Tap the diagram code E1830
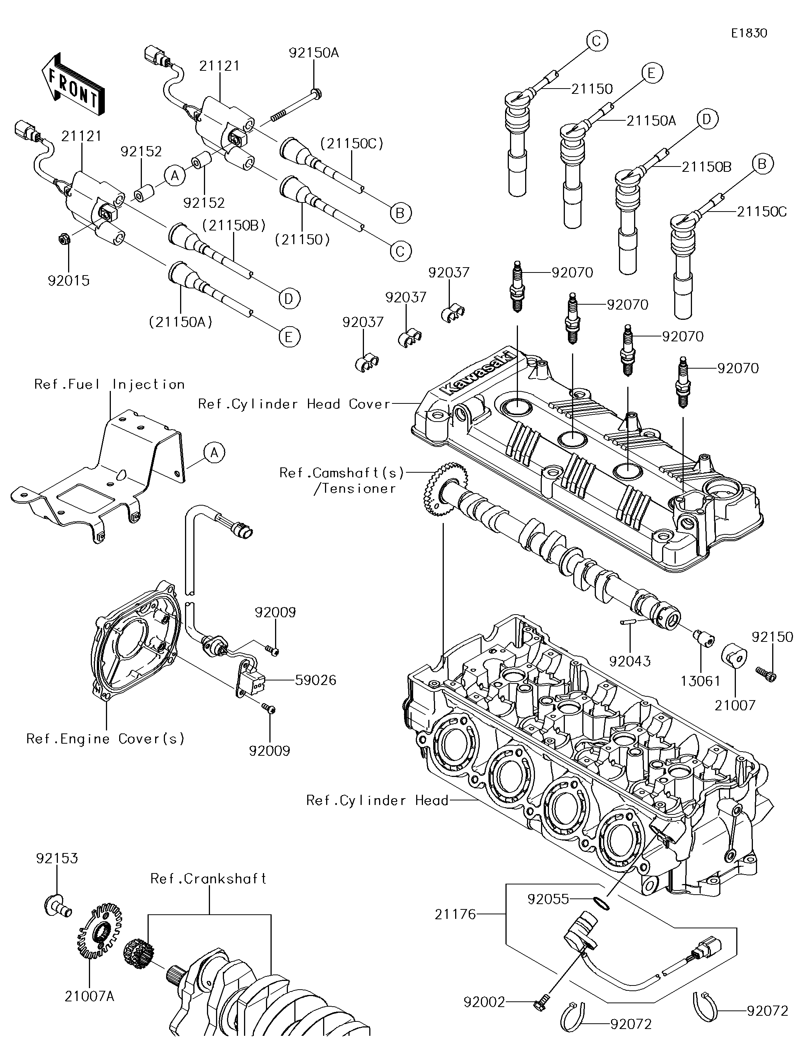coord(749,33)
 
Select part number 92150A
coord(313,53)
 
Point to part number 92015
coord(69,281)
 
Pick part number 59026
coord(316,680)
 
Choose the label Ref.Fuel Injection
coord(109,385)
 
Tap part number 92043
coord(630,662)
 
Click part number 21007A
coord(90,997)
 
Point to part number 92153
coord(57,858)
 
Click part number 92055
coord(548,899)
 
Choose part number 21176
coord(455,915)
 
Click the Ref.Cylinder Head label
coord(377,800)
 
